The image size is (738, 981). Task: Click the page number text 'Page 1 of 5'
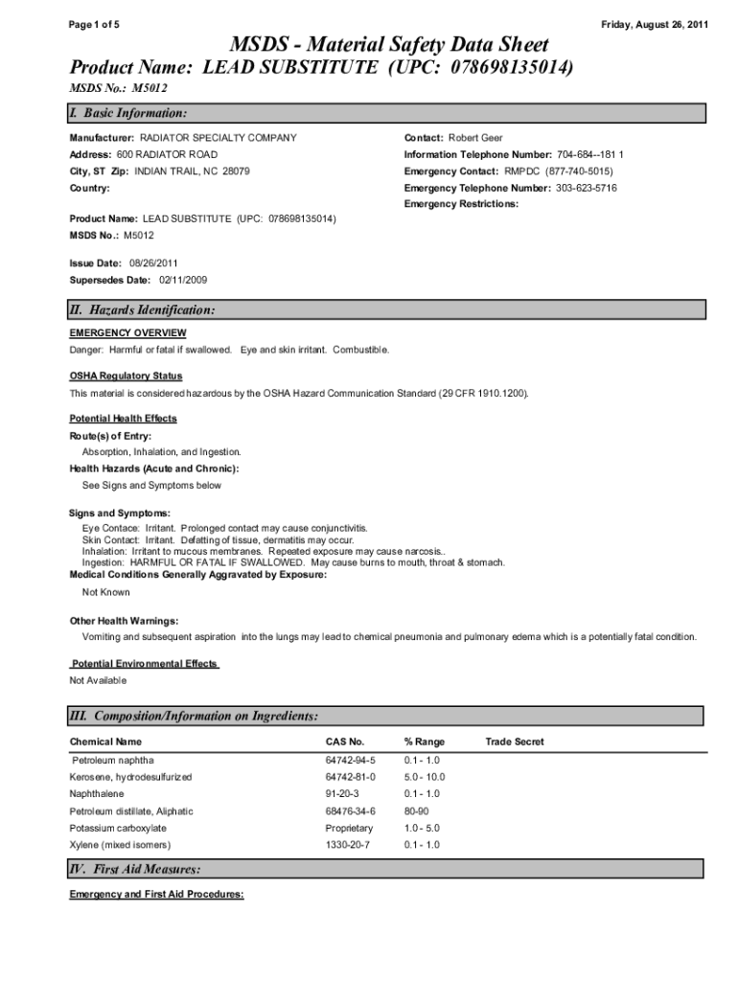[x=94, y=23]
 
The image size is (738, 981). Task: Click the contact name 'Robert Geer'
[x=475, y=138]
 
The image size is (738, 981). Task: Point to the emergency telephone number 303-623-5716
[x=586, y=188]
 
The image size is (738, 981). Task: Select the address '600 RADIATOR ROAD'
[x=167, y=154]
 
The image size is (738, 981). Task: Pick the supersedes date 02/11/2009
[x=182, y=280]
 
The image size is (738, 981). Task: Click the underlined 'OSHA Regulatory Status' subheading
[x=126, y=376]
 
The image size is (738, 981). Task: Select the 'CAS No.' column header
[x=345, y=741]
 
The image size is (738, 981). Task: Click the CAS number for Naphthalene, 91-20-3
[x=342, y=793]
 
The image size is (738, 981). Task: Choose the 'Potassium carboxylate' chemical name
[x=118, y=828]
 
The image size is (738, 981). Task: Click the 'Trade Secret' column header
[x=514, y=741]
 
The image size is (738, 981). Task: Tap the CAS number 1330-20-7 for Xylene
[x=346, y=845]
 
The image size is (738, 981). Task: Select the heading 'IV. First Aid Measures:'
[x=135, y=870]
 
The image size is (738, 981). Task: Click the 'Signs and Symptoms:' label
[x=120, y=513]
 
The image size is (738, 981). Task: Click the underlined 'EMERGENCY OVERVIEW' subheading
[x=127, y=332]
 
